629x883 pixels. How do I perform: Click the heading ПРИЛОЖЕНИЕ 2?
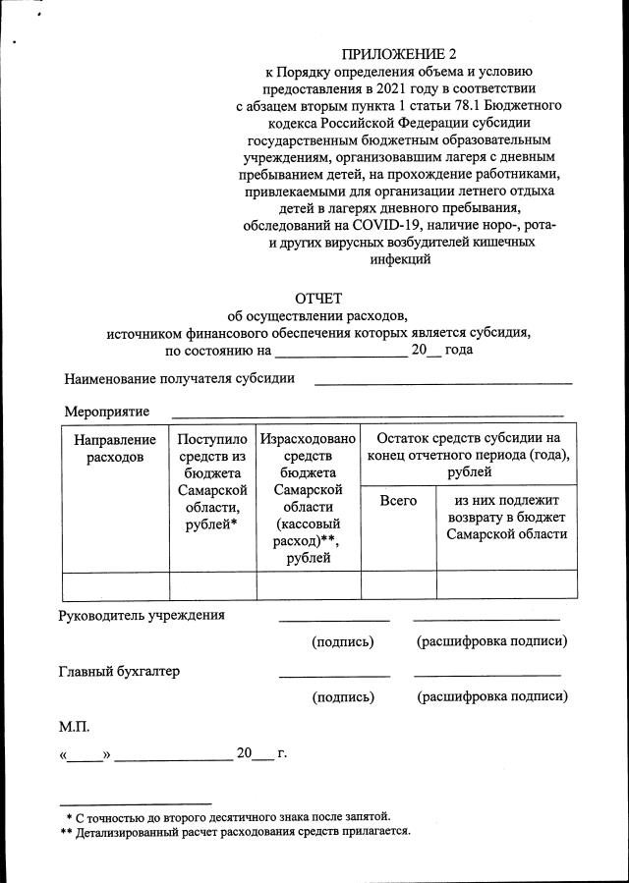399,54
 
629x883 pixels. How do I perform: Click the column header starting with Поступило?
212,482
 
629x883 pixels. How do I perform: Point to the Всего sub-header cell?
398,501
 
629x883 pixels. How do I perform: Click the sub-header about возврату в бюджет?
506,518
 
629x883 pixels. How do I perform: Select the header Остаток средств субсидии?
468,455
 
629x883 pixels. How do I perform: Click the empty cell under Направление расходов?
115,585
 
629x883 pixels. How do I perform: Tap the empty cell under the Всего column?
398,585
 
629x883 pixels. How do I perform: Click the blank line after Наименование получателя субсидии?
442,382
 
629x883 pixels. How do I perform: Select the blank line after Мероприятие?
368,414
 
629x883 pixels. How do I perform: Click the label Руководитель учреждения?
142,616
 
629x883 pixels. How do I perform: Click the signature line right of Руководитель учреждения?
334,620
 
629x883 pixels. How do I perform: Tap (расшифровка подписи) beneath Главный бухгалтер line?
492,697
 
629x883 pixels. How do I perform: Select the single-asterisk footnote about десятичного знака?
228,816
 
